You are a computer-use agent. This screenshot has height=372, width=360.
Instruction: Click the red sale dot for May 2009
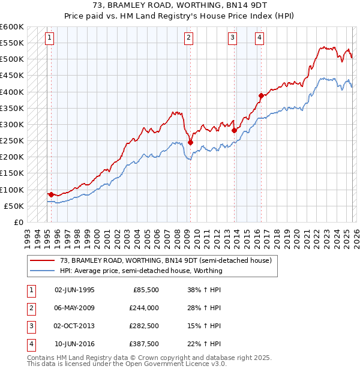[190, 143]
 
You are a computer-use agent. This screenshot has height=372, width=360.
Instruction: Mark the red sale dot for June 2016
[261, 95]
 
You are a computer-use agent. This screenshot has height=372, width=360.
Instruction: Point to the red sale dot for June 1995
[51, 194]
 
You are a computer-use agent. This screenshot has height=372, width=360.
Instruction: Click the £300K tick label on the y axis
[12, 125]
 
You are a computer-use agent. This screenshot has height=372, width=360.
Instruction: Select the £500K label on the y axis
[12, 59]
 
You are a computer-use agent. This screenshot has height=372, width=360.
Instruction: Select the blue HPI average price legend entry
[141, 271]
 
